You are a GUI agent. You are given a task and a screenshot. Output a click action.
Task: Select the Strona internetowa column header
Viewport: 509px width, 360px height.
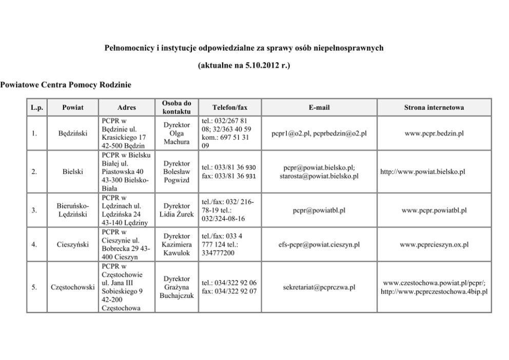coord(434,107)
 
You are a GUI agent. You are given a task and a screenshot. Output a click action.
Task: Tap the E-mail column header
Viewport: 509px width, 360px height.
coord(319,107)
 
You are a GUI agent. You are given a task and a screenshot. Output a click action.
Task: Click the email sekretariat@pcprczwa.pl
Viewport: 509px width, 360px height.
coord(319,287)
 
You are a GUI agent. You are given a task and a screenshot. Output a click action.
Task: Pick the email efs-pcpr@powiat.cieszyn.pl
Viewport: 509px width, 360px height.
coord(319,245)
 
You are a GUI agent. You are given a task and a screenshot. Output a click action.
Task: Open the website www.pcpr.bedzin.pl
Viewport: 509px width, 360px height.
coord(434,134)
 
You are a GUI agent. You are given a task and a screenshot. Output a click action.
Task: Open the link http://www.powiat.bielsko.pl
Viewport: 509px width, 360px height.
coord(422,172)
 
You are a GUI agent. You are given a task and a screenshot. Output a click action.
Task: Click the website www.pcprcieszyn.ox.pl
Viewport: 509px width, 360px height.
coord(434,245)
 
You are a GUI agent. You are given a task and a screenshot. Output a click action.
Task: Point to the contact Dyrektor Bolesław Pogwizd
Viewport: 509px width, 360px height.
coord(177,172)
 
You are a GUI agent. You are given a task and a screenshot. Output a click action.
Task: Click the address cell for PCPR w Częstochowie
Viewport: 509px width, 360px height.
coord(122,287)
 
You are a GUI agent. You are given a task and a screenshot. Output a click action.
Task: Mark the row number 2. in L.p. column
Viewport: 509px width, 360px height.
coord(34,172)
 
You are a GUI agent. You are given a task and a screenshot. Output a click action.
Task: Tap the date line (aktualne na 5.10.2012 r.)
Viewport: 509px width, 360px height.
coord(244,66)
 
